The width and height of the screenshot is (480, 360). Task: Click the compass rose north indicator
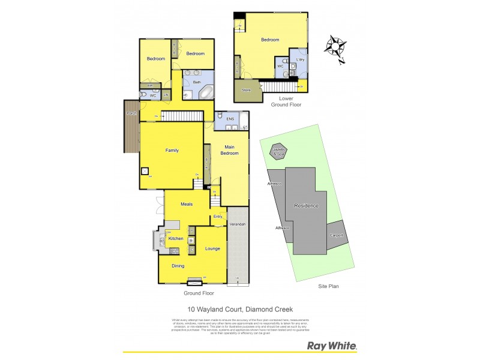tap(335, 47)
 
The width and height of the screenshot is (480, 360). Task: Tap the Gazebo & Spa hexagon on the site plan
tap(278, 152)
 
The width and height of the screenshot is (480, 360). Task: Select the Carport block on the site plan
tap(336, 235)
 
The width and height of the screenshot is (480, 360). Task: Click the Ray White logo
tap(332, 346)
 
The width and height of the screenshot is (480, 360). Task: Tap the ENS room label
tap(230, 119)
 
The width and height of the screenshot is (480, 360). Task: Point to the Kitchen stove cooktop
tap(175, 251)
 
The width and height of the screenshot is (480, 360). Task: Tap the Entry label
tap(217, 217)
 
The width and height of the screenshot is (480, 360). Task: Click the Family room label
tap(172, 151)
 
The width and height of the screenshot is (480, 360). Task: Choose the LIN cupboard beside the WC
tap(166, 95)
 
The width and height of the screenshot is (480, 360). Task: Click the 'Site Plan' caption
tap(328, 286)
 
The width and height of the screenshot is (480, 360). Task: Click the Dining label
tap(178, 266)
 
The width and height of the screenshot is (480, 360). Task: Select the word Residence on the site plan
tap(305, 206)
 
